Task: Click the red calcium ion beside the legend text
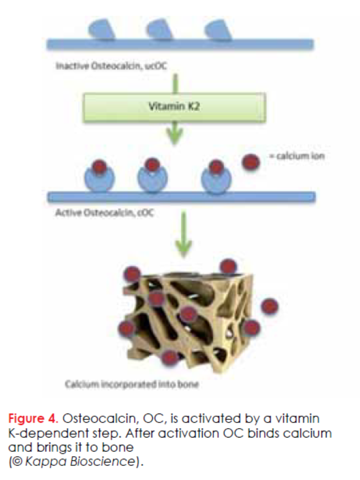pyautogui.click(x=252, y=162)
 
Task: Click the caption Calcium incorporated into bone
pyautogui.click(x=132, y=385)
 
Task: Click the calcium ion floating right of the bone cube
pyautogui.click(x=270, y=306)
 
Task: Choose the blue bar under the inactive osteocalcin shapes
pyautogui.click(x=180, y=43)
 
